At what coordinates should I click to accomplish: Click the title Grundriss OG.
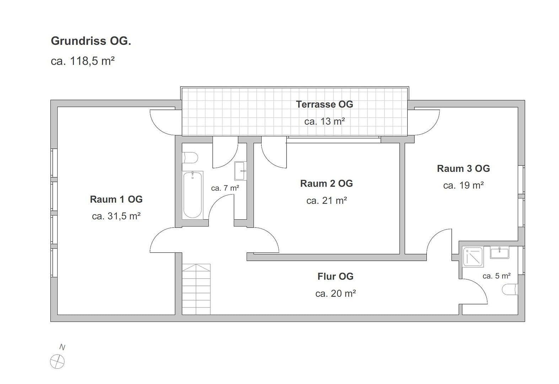[x=91, y=41]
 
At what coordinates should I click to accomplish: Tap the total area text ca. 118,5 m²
[x=82, y=61]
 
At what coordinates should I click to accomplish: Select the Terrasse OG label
[x=324, y=104]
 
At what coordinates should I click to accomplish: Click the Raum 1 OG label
[x=116, y=199]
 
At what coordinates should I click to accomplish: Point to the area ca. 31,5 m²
[x=116, y=216]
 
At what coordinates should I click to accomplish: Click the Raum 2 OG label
[x=326, y=183]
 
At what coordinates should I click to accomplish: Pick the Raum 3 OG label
[x=463, y=169]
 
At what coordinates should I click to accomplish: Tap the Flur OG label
[x=335, y=276]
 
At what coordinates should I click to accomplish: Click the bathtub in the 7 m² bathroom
[x=192, y=195]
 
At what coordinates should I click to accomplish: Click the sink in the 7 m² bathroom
[x=240, y=171]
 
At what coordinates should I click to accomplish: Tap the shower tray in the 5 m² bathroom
[x=473, y=257]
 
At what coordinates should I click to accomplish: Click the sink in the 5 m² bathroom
[x=499, y=253]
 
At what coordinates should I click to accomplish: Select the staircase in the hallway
[x=196, y=289]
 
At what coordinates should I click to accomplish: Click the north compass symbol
[x=57, y=362]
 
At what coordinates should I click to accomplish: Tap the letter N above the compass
[x=62, y=347]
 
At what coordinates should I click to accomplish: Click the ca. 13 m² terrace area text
[x=324, y=122]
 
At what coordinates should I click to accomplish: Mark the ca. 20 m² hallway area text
[x=335, y=293]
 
